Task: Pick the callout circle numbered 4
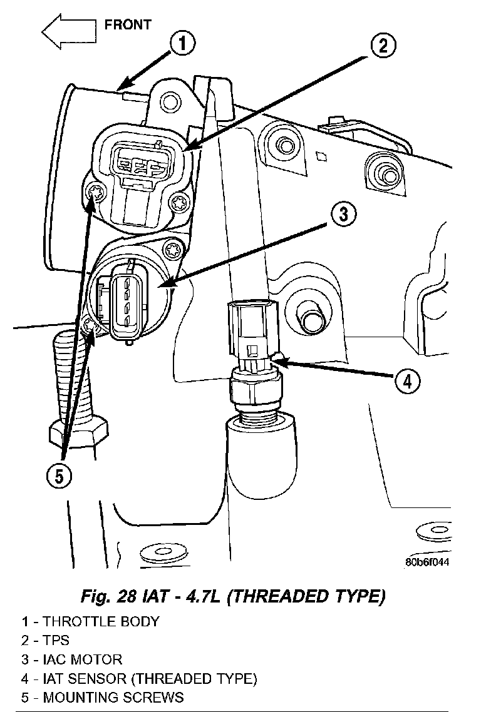click(x=407, y=380)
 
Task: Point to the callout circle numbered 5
click(x=58, y=477)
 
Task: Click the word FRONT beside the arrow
click(x=128, y=25)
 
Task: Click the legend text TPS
click(x=56, y=640)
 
